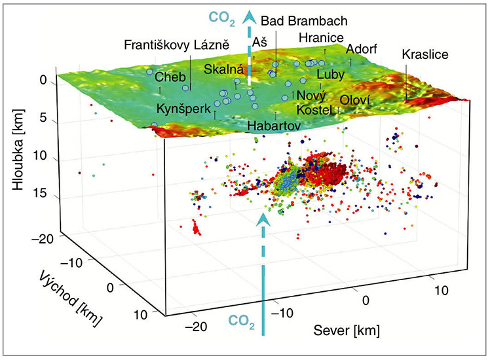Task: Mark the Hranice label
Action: (320, 38)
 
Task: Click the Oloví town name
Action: (355, 99)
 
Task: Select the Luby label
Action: (330, 75)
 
